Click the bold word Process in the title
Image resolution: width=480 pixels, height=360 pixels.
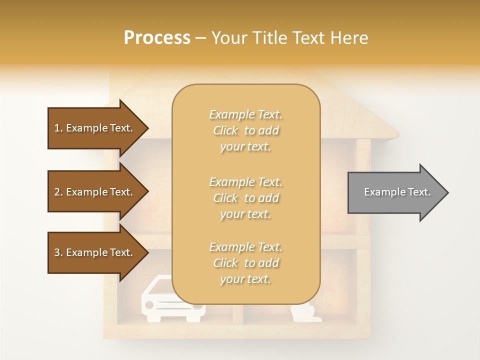tap(157, 37)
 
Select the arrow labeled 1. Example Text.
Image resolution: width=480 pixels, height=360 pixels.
tap(95, 128)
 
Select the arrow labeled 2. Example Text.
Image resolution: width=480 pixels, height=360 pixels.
tap(95, 192)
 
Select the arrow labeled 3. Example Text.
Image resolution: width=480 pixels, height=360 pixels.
tap(95, 252)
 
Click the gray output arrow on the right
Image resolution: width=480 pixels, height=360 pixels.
tap(395, 192)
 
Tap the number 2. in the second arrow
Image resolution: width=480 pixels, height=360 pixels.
tap(58, 192)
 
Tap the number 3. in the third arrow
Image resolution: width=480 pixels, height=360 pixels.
tap(58, 252)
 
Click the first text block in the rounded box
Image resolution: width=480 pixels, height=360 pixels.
tap(245, 130)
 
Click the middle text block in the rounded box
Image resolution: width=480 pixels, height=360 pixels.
tap(245, 198)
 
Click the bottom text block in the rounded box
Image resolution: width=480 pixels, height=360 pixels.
tap(245, 263)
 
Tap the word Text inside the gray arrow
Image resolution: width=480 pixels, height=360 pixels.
tap(419, 192)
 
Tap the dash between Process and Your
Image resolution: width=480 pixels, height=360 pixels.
tap(200, 38)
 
